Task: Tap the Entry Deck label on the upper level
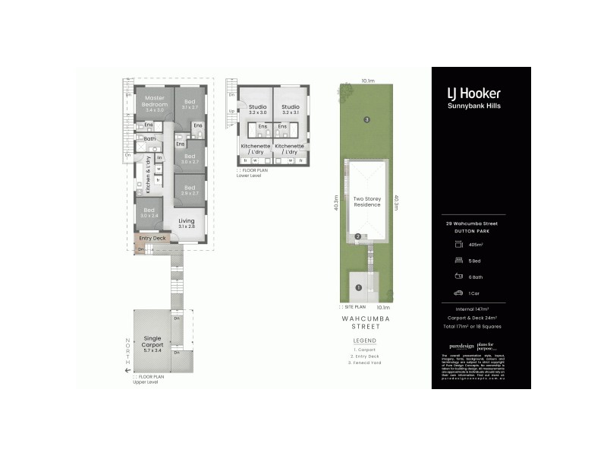tap(153, 238)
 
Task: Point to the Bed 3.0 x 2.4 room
tap(149, 212)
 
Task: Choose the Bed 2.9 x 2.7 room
tap(189, 190)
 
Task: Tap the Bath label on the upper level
tap(150, 138)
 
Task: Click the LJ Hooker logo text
tap(473, 93)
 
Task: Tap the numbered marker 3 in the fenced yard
tap(366, 119)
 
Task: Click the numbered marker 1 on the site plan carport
tap(358, 287)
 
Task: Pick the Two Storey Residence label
tap(367, 201)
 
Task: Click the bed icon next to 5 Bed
tap(458, 259)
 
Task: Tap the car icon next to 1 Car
tap(458, 293)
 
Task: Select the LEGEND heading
tap(364, 340)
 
